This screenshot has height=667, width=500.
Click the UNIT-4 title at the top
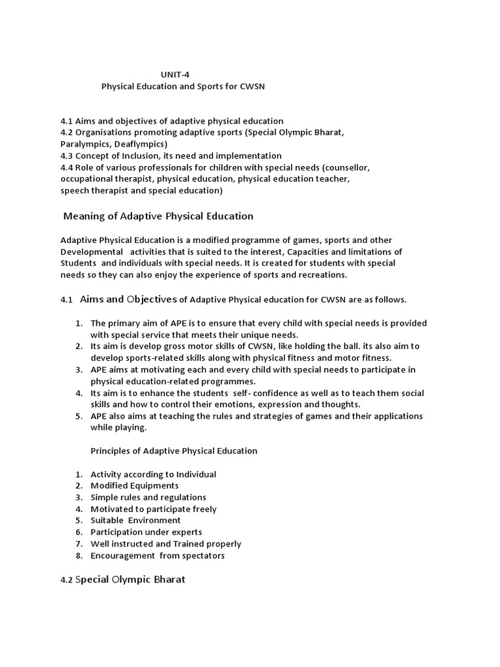point(176,75)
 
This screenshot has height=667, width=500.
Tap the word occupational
point(87,179)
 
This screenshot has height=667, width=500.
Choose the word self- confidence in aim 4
point(268,393)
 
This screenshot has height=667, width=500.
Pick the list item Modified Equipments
point(134,486)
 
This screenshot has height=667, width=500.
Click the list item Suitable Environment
point(135,521)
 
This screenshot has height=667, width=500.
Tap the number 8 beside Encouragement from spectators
point(77,556)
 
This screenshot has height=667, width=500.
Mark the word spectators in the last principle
point(201,556)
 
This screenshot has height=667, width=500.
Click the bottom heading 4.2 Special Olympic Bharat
point(123,579)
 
